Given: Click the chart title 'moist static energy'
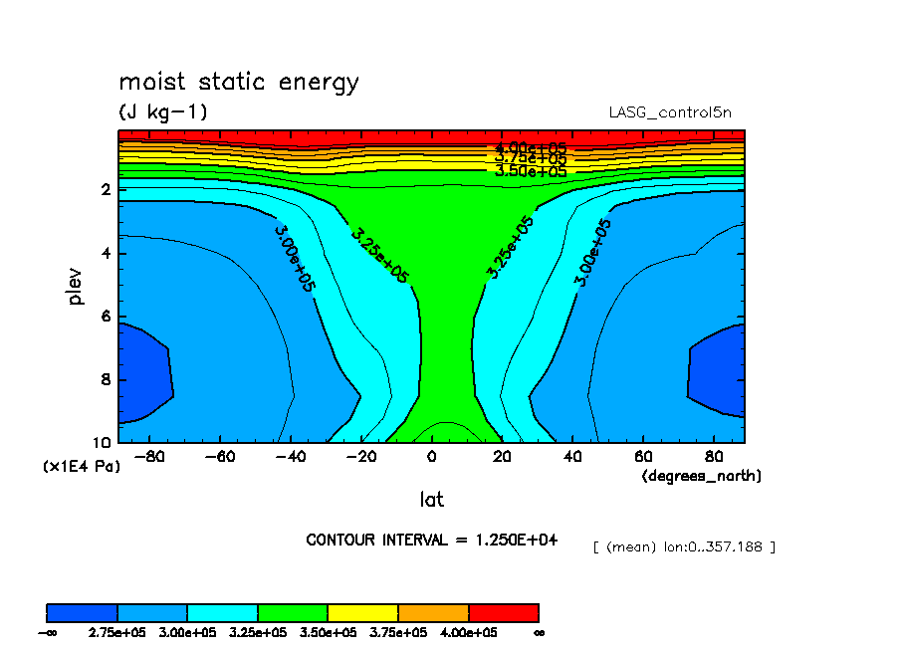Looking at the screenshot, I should (238, 82).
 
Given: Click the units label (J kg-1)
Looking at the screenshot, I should (163, 112).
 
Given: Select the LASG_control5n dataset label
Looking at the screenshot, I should (676, 112).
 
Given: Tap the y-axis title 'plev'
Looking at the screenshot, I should (77, 286).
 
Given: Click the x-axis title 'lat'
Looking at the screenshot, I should (431, 500).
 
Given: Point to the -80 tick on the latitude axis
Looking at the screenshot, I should (148, 457).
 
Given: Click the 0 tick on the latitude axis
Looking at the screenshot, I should (431, 457).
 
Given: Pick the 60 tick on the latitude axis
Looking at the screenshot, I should (644, 457).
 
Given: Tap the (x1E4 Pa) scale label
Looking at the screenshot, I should (81, 466).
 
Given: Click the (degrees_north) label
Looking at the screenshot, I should (701, 476).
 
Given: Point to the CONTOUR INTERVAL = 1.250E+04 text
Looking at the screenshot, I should (431, 540).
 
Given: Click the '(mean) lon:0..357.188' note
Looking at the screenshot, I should (684, 547).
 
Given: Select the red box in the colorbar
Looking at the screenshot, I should (504, 612).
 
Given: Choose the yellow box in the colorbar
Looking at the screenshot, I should (363, 612).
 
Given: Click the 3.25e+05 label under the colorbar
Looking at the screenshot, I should (258, 633).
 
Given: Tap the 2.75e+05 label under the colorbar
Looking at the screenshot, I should (117, 633).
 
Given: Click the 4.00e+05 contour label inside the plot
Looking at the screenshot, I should (531, 149).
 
